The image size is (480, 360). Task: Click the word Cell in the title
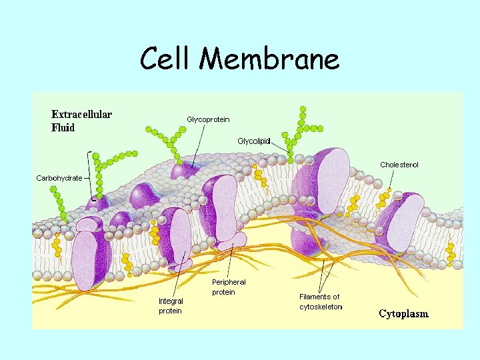pyautogui.click(x=166, y=60)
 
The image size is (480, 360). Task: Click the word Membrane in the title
pyautogui.click(x=269, y=60)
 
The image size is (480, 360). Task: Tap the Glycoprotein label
pyautogui.click(x=208, y=119)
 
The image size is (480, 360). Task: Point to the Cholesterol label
pyautogui.click(x=399, y=165)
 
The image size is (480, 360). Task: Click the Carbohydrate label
pyautogui.click(x=59, y=178)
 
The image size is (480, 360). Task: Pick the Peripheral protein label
pyautogui.click(x=229, y=287)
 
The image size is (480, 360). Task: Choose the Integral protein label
pyautogui.click(x=171, y=306)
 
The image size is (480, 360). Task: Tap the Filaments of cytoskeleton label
pyautogui.click(x=320, y=302)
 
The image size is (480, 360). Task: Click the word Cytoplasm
pyautogui.click(x=404, y=313)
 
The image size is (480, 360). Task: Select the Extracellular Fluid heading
pyautogui.click(x=82, y=121)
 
